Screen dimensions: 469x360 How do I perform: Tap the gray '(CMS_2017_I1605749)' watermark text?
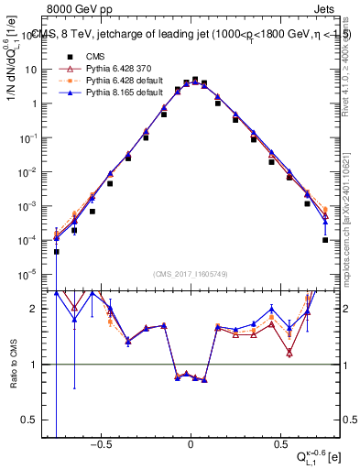point(190,275)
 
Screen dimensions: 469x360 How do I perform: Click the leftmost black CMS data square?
point(57,251)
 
